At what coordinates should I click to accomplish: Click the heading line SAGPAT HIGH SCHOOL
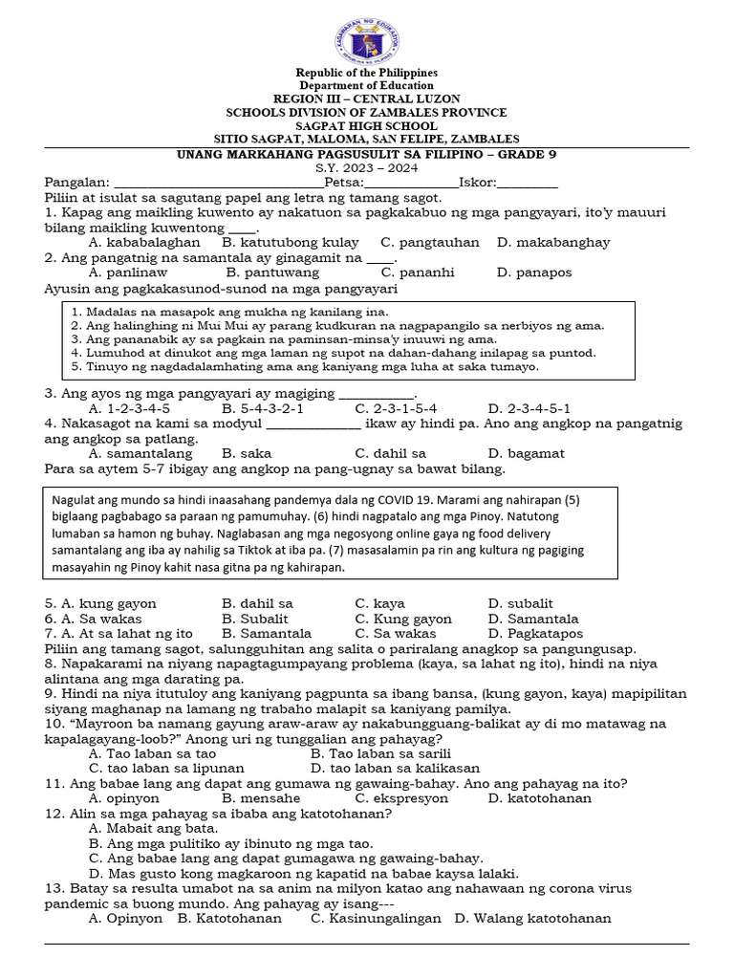(x=367, y=126)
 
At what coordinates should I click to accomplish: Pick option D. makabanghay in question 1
(x=553, y=243)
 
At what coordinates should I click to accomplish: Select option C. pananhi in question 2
(x=396, y=272)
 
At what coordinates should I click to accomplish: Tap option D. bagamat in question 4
(x=526, y=453)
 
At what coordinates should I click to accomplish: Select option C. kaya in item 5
(x=379, y=604)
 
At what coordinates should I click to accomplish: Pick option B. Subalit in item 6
(x=255, y=619)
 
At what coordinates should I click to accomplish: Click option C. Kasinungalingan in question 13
(x=376, y=919)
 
